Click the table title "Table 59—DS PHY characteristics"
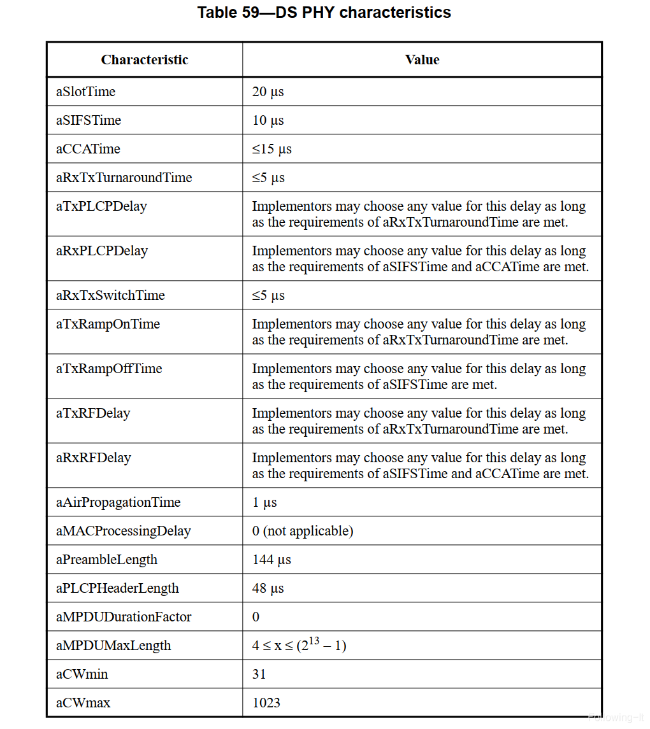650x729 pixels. click(x=324, y=13)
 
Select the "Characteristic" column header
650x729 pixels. click(x=145, y=60)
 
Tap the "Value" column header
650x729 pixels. click(x=422, y=60)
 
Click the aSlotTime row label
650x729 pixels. click(x=86, y=92)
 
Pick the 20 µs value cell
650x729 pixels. click(x=268, y=92)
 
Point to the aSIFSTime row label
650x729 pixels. click(x=89, y=120)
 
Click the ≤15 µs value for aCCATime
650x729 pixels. click(x=271, y=149)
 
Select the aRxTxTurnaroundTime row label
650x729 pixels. click(x=124, y=178)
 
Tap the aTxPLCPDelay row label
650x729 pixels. click(x=101, y=206)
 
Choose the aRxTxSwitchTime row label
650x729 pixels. click(x=110, y=295)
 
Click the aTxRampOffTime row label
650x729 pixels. click(x=109, y=369)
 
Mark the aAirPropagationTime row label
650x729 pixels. click(x=119, y=502)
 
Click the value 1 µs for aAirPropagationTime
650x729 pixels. click(x=264, y=502)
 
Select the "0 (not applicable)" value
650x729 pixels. click(x=303, y=531)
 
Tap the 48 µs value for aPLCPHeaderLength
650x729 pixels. click(x=268, y=588)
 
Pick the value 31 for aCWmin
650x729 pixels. click(x=259, y=674)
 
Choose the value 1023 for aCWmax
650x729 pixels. click(x=266, y=703)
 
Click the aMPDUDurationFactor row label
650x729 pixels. click(x=124, y=617)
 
